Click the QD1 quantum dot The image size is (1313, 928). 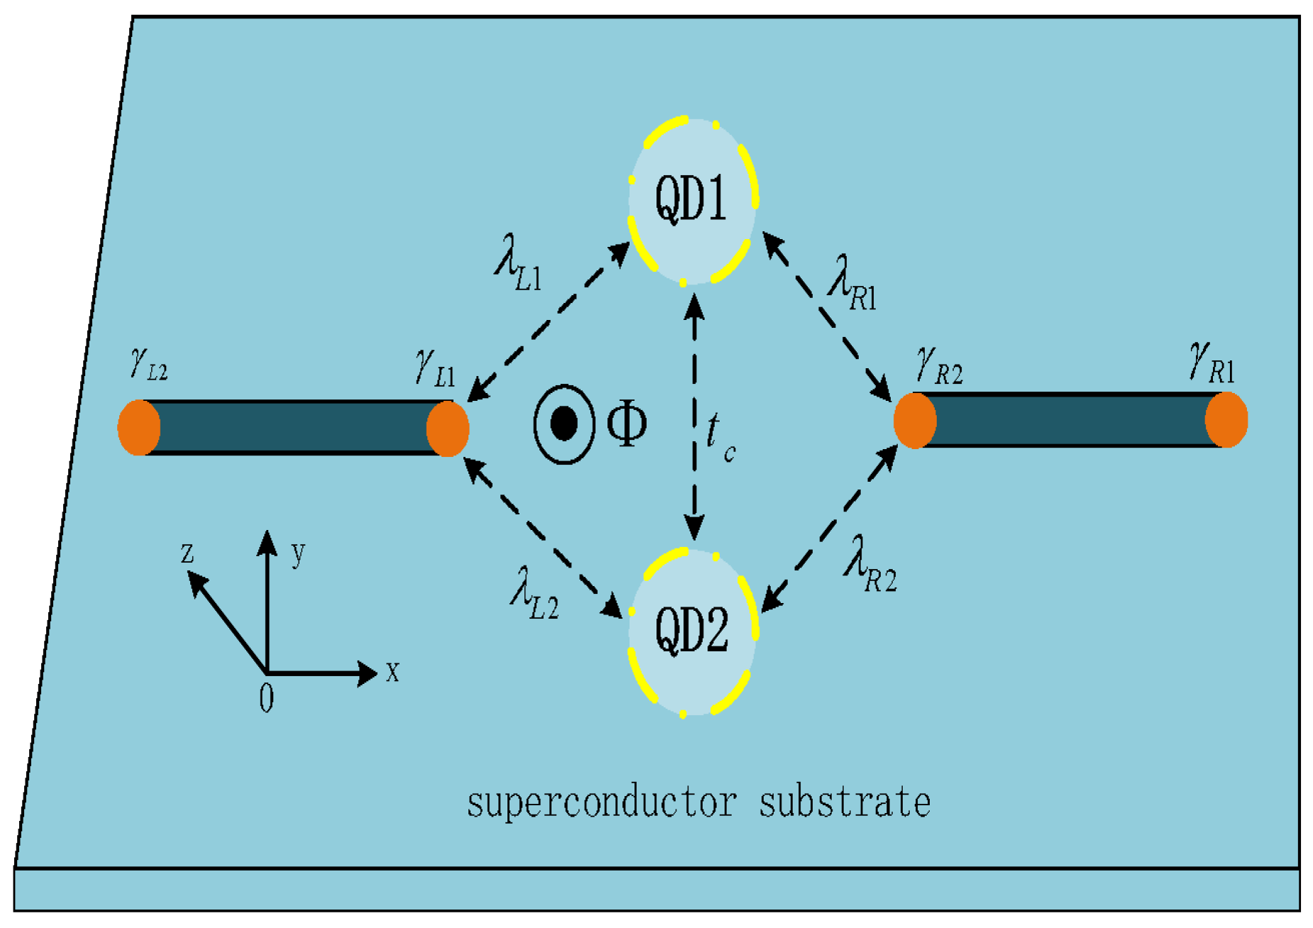tap(692, 200)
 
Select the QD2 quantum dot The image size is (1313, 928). tap(692, 631)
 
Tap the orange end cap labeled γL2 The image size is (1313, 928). tap(139, 427)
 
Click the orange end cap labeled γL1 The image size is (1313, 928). tap(448, 428)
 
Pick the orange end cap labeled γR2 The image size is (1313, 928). tap(915, 421)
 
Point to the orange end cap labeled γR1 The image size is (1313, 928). tap(1226, 419)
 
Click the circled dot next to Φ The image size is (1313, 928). tap(564, 424)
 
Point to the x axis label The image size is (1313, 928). tap(392, 671)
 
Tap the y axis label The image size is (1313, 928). tap(299, 552)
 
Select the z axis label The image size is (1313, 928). tap(187, 552)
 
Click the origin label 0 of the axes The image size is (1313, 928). tap(266, 699)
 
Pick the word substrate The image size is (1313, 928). tap(845, 802)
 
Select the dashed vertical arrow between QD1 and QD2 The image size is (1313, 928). tap(694, 419)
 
